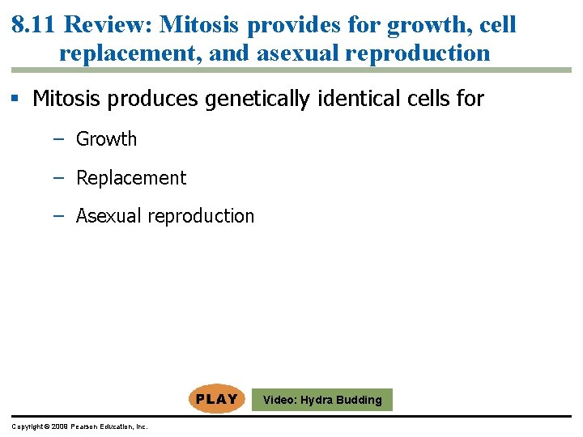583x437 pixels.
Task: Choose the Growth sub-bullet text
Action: tap(106, 139)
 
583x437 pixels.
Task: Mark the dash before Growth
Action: tap(58, 139)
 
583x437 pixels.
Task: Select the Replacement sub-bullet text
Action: tap(130, 178)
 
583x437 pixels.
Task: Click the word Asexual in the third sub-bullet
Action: tap(106, 216)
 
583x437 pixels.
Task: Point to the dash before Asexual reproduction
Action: tap(58, 216)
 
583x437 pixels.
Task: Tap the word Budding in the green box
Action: tap(360, 400)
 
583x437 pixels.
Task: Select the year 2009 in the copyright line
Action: tap(60, 426)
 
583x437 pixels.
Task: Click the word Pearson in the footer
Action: tap(87, 426)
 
